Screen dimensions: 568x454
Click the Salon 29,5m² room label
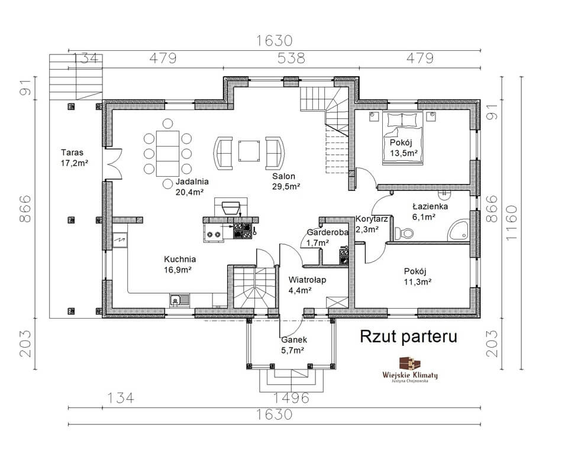(286, 181)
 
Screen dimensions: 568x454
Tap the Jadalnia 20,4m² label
(192, 187)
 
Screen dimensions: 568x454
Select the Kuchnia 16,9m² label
(180, 264)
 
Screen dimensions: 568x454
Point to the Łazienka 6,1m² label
(430, 212)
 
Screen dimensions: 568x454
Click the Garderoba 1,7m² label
(327, 238)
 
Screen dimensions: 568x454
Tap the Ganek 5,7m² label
(294, 345)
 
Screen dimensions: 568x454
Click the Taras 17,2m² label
(75, 157)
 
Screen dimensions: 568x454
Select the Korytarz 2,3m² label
(372, 223)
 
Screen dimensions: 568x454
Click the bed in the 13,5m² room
(402, 138)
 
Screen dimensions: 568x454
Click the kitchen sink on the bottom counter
(179, 300)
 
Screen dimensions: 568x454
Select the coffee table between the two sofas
(249, 151)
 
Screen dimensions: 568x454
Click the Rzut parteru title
(408, 336)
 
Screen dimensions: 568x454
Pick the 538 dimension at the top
(291, 58)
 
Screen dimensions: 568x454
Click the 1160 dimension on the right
(512, 223)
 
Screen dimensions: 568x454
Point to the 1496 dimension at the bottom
(291, 398)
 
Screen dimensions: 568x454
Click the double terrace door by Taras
(113, 164)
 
